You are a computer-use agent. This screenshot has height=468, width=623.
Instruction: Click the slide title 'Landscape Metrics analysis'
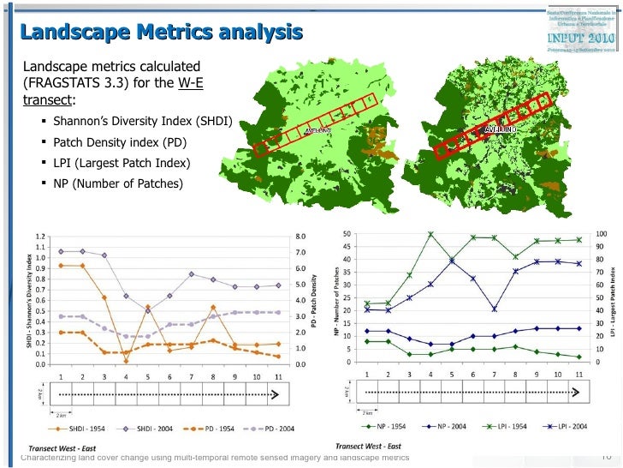[162, 33]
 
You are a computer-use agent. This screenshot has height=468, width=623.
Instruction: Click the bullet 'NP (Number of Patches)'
[117, 183]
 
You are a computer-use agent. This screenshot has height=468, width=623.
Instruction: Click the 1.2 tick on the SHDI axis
[40, 236]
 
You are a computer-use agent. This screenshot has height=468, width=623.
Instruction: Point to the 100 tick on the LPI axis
[602, 234]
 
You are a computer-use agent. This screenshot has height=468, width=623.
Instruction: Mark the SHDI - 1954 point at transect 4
[126, 361]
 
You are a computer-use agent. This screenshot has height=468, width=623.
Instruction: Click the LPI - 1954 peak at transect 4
[430, 234]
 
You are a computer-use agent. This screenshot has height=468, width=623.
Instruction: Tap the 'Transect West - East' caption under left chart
[63, 448]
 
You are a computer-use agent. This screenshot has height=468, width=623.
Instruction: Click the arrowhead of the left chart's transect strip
[276, 393]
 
